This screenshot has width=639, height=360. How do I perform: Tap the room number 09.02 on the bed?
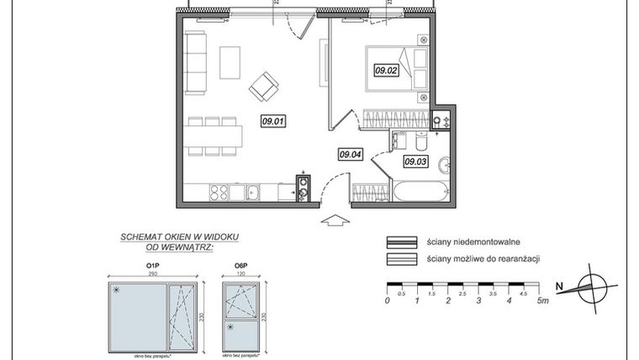pyautogui.click(x=386, y=71)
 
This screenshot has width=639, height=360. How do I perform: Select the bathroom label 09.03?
pyautogui.click(x=416, y=161)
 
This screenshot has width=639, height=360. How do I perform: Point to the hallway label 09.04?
pyautogui.click(x=350, y=154)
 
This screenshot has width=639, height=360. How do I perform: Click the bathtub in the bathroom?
pyautogui.click(x=421, y=191)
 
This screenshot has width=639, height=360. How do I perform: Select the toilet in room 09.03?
pyautogui.click(x=399, y=140)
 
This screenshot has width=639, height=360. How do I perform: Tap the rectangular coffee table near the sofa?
pyautogui.click(x=230, y=61)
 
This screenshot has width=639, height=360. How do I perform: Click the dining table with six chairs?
pyautogui.click(x=214, y=135)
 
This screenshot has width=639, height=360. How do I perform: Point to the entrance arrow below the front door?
pyautogui.click(x=335, y=220)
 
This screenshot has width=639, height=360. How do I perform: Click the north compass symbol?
pyautogui.click(x=592, y=289)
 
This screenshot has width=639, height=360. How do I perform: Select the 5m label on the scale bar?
pyautogui.click(x=541, y=300)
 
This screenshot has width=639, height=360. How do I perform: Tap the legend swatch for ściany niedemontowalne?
pyautogui.click(x=402, y=241)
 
